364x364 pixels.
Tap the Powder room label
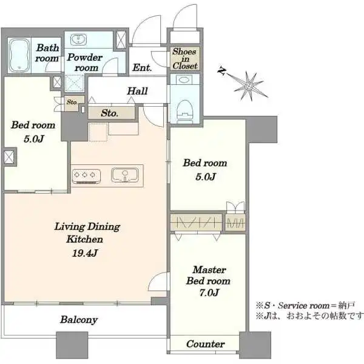[86, 62]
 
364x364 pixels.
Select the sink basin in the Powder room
[79, 41]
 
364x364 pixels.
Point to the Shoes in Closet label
[184, 59]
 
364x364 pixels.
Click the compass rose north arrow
[249, 85]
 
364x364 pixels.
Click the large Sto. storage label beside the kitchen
[109, 113]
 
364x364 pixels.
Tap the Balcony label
[79, 320]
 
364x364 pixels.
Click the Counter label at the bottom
[205, 344]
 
